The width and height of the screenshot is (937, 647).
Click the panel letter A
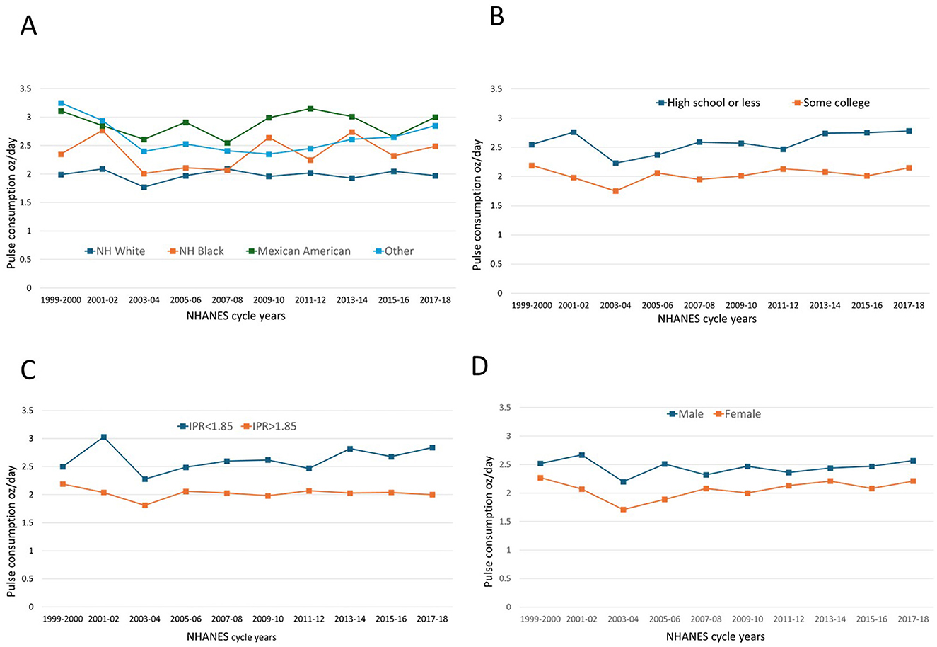click(x=28, y=25)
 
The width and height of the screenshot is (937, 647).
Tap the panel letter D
click(x=479, y=367)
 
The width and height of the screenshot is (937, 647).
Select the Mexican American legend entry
click(x=298, y=251)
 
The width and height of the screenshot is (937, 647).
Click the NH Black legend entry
click(x=196, y=251)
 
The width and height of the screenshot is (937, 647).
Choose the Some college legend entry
click(x=831, y=103)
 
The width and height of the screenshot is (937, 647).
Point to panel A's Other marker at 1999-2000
click(x=61, y=103)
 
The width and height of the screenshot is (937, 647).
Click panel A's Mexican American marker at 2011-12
click(x=310, y=108)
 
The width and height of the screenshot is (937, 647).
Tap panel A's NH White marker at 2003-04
click(x=144, y=187)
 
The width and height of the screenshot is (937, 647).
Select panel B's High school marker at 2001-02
click(x=574, y=132)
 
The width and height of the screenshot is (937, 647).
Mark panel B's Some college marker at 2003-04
click(x=616, y=191)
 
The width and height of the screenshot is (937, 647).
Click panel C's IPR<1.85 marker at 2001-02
click(x=104, y=437)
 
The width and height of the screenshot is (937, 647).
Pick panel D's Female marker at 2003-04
click(x=623, y=510)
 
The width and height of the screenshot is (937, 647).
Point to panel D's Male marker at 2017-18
click(x=913, y=461)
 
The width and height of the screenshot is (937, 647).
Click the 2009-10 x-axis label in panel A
click(x=269, y=300)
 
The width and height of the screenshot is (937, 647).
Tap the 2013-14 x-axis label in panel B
click(x=825, y=305)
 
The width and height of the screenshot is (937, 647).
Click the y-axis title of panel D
click(x=488, y=522)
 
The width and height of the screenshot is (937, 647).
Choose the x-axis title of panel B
click(x=707, y=319)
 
